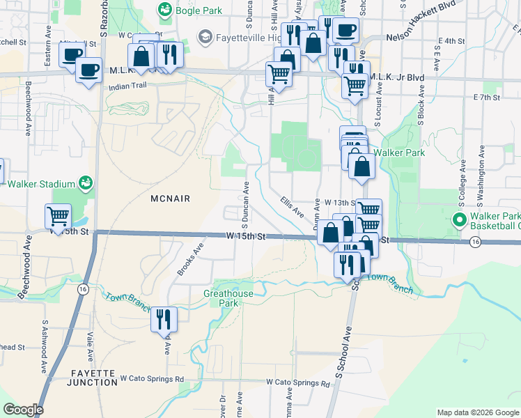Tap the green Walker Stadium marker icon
pos(86,183)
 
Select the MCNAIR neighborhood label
pos(170,199)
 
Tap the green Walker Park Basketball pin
pos(459,220)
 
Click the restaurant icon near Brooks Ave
pos(164,319)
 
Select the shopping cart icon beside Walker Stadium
pos(58,216)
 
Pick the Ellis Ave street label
pos(293,206)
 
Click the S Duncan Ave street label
pos(245,205)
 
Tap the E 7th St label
pos(487,97)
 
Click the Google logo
pos(23,410)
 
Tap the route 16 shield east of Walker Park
pos(475,242)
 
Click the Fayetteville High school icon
pos(205,36)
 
